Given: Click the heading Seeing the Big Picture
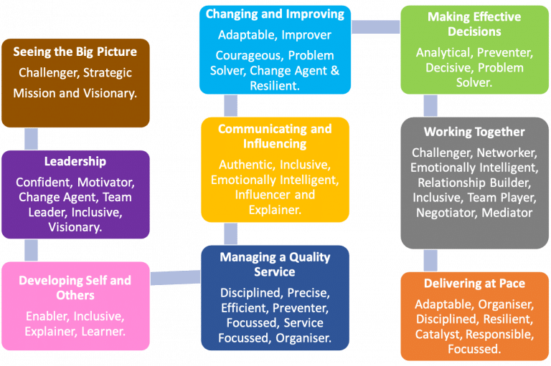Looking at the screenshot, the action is coord(75,52).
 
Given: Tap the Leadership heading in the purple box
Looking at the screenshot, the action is coord(75,161).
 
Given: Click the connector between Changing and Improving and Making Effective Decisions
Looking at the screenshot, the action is coord(376,27).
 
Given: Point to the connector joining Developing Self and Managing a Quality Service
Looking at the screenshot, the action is coord(175,278).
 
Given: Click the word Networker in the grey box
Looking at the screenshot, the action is coord(507,153).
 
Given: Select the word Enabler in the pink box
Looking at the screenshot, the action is coord(47,317).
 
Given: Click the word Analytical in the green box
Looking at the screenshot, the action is coord(445,52).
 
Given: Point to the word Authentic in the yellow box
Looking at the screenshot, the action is coord(247,165).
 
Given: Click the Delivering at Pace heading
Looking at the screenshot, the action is coord(474,284).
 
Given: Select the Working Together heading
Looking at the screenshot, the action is coord(474,132).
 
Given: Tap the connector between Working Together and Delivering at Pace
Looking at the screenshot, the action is coord(430,261).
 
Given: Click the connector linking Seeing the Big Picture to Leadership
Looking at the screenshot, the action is coord(32,139).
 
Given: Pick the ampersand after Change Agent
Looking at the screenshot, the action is coord(335,71).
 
